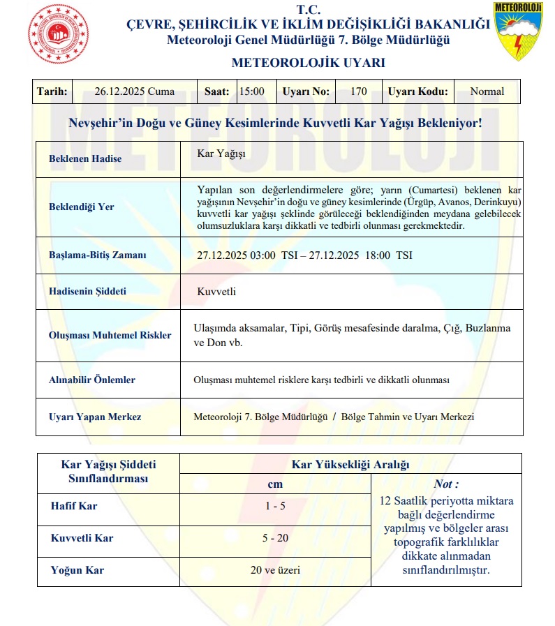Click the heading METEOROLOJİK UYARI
308,63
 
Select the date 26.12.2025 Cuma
135,91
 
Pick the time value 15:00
251,91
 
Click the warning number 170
359,91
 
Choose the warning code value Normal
487,91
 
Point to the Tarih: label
52,91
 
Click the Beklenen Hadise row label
85,158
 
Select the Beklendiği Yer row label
82,207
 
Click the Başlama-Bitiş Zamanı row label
98,255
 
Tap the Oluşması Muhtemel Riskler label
110,335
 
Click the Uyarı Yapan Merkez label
95,417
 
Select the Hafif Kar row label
74,506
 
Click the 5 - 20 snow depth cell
275,538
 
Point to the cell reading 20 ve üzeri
275,570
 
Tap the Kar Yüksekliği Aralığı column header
350,464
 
